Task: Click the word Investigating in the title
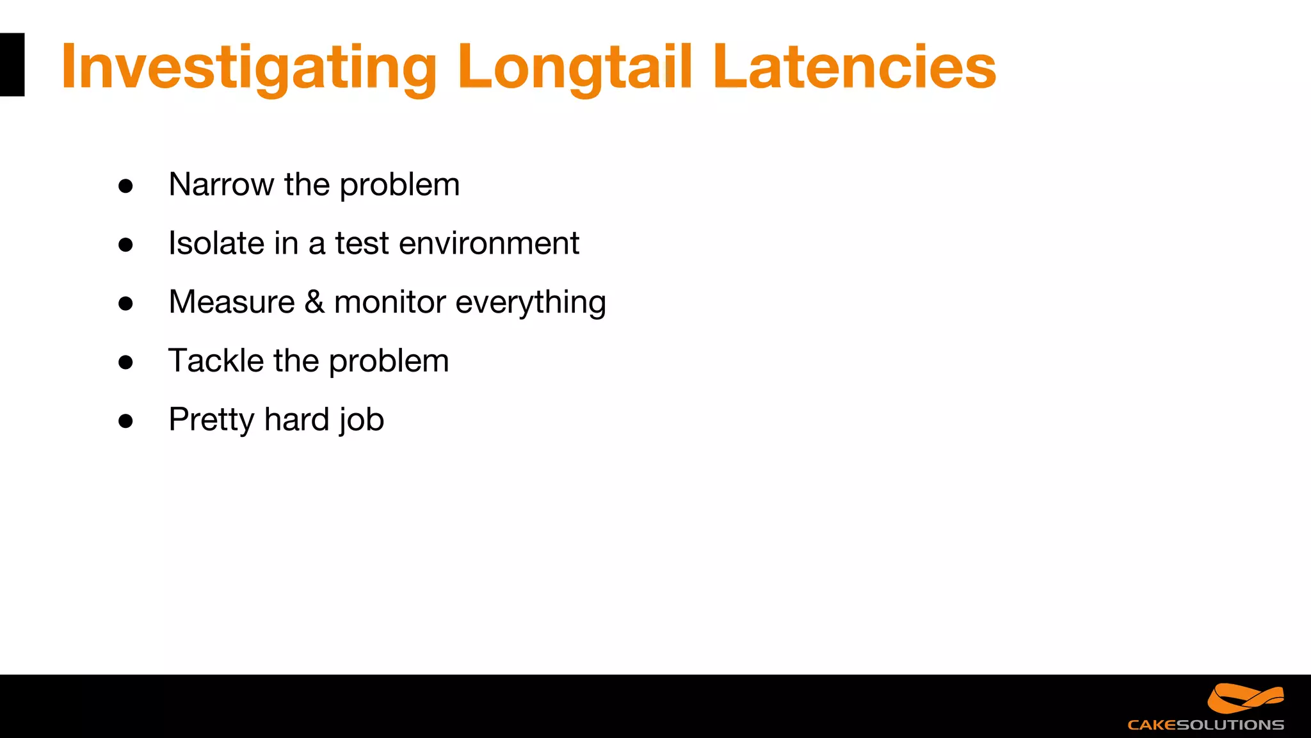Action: [x=249, y=67]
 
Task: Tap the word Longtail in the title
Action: [x=575, y=66]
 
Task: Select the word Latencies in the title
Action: [x=854, y=66]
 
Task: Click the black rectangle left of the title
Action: [x=12, y=65]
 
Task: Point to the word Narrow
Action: [x=221, y=184]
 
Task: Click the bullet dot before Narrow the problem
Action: [x=125, y=186]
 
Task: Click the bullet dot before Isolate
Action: [x=125, y=245]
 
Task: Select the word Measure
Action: [x=232, y=302]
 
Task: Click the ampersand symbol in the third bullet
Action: [x=314, y=302]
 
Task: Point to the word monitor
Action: [x=390, y=302]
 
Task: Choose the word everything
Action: [x=530, y=303]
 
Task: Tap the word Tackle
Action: [x=216, y=361]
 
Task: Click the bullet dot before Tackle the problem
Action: [x=125, y=362]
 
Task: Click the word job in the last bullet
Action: [x=362, y=420]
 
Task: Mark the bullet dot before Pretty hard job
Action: [x=125, y=421]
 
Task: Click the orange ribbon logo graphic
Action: [x=1245, y=698]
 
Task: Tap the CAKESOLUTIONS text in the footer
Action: [x=1205, y=725]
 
